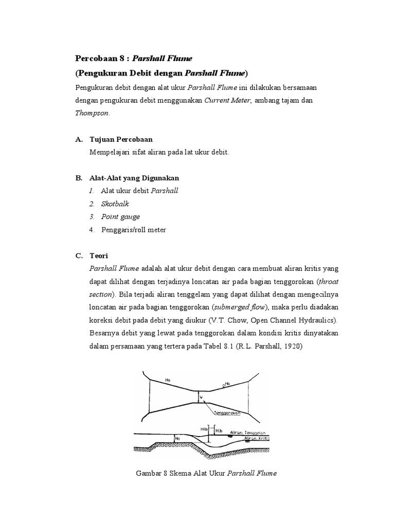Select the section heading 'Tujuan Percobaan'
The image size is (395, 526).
click(x=121, y=139)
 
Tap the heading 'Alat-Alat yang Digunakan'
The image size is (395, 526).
click(x=134, y=178)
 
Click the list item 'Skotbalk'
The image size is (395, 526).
click(x=115, y=204)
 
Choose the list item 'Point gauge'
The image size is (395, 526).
click(x=120, y=217)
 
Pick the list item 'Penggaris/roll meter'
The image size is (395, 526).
click(x=134, y=230)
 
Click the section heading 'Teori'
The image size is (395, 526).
click(x=99, y=255)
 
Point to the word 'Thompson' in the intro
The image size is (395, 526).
click(x=92, y=114)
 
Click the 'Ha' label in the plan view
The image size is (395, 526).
click(x=168, y=380)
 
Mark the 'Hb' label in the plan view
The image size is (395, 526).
click(x=228, y=383)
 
